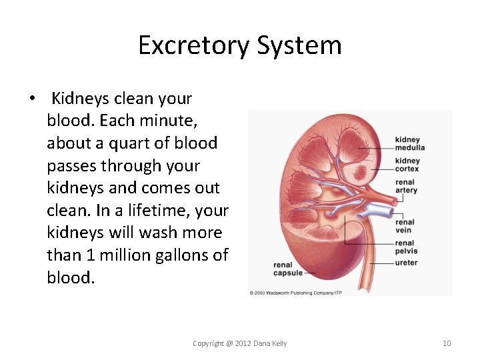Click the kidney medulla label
point(409,144)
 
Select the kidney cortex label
point(407,165)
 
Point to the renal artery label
point(406,186)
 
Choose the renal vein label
point(405,226)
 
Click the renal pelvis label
point(405,247)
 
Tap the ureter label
point(406,263)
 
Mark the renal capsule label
point(287,269)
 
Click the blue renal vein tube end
point(386,211)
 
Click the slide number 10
point(447,343)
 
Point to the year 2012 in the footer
point(244,343)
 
